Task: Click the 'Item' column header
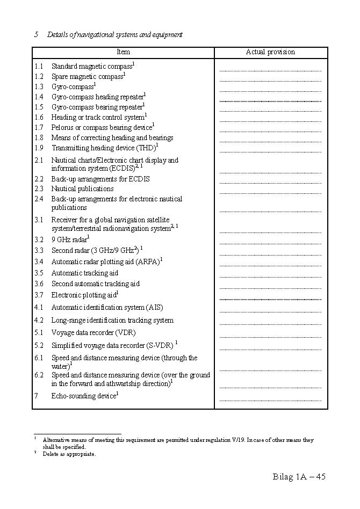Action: pos(124,52)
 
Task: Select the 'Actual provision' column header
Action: pos(270,52)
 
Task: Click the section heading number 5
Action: pos(36,35)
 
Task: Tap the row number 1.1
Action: pos(39,67)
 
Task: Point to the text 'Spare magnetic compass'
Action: pos(87,77)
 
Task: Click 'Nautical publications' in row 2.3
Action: pos(82,189)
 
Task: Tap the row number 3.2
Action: pos(39,240)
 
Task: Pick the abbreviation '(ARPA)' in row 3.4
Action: pos(148,262)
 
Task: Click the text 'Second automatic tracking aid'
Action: pos(95,284)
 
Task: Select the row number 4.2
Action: pos(39,321)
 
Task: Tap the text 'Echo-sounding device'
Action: pos(83,396)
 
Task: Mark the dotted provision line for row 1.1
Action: pos(270,70)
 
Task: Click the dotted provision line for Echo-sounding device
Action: pos(270,400)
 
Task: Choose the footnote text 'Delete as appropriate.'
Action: pos(69,454)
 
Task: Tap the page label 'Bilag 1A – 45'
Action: pos(299,477)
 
